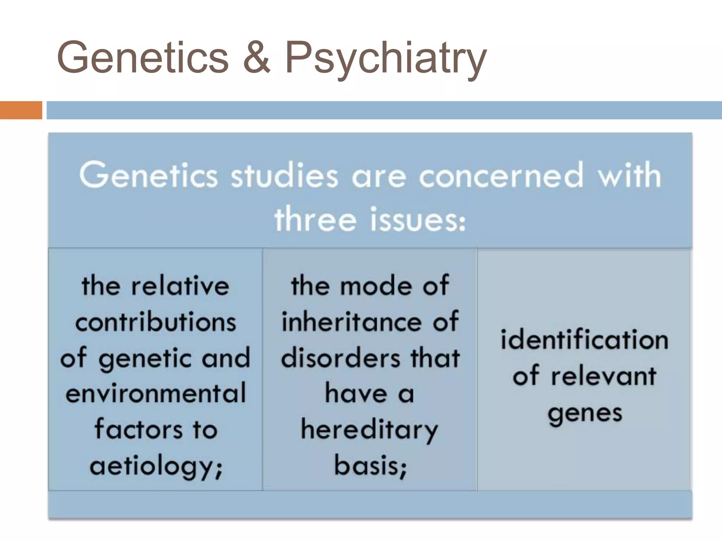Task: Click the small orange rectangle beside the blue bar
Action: click(x=21, y=110)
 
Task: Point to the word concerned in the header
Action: click(x=501, y=175)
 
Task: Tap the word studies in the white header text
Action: click(x=284, y=175)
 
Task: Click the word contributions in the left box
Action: click(x=155, y=322)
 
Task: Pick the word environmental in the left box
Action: click(x=155, y=393)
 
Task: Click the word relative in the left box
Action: click(x=180, y=285)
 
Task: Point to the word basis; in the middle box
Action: click(x=370, y=466)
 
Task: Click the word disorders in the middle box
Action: click(x=341, y=358)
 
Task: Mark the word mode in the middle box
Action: click(x=376, y=285)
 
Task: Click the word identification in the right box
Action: click(x=585, y=340)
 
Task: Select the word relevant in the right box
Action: click(x=603, y=376)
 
